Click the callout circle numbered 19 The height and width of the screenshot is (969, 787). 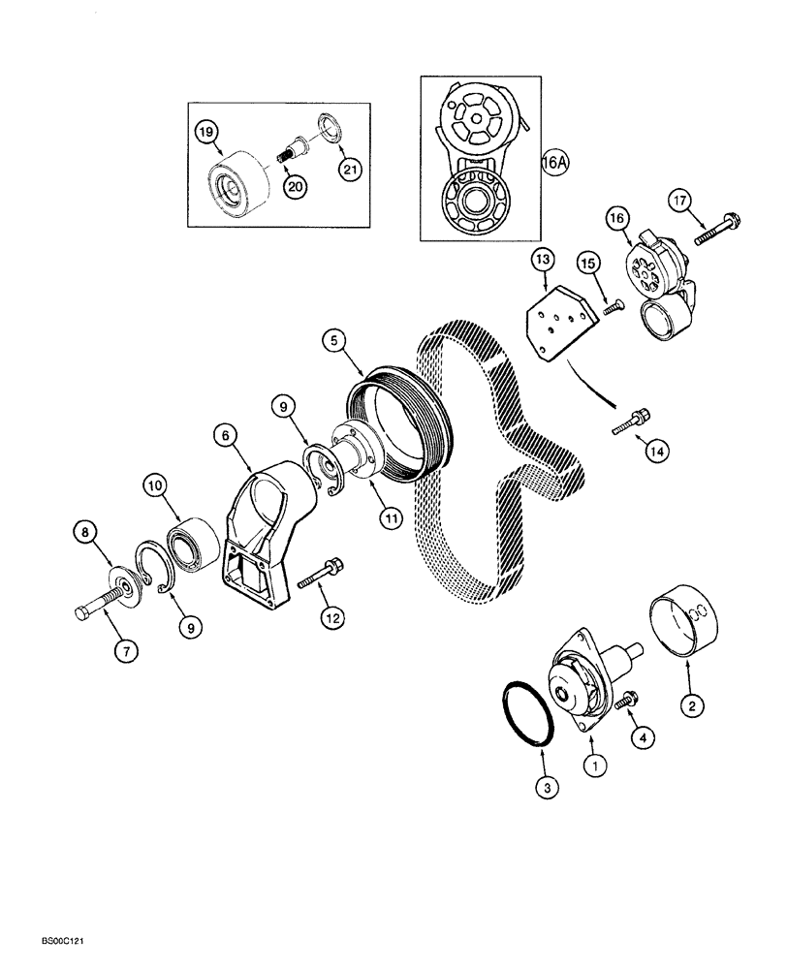pyautogui.click(x=206, y=131)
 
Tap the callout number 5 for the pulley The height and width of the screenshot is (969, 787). pyautogui.click(x=333, y=340)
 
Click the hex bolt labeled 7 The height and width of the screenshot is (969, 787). pyautogui.click(x=95, y=607)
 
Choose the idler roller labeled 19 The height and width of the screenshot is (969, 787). pyautogui.click(x=236, y=182)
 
